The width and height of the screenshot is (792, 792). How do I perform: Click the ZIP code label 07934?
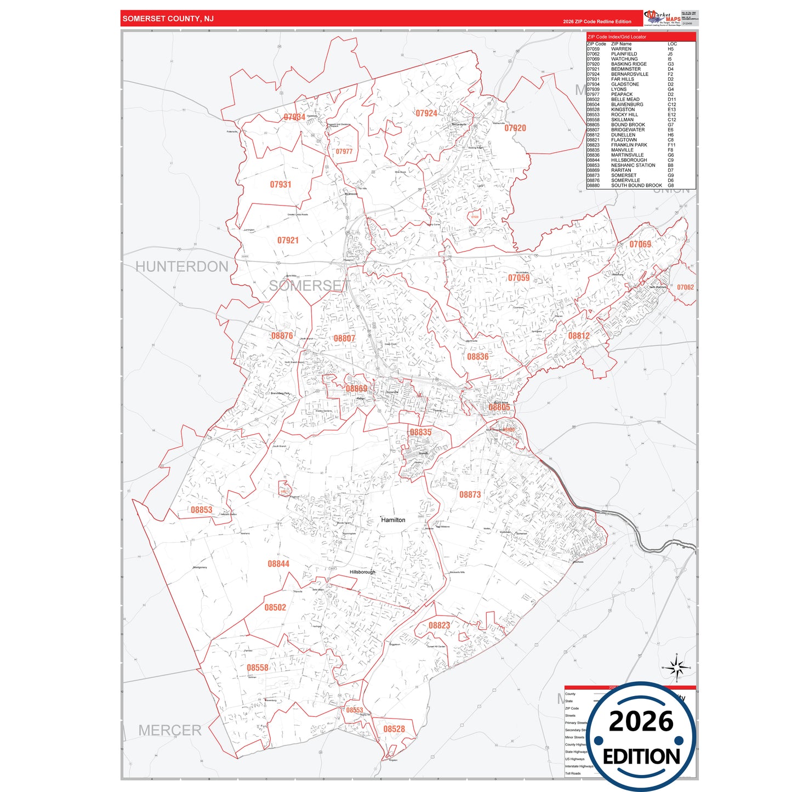[294, 117]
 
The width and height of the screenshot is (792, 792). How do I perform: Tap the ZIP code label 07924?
[426, 113]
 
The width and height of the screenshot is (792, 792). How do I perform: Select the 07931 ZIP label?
[281, 185]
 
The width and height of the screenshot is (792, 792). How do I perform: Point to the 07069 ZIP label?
[640, 244]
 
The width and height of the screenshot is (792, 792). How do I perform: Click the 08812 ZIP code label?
[579, 336]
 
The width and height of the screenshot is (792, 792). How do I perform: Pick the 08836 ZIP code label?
[477, 357]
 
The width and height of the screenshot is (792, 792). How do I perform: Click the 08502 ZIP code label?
[275, 607]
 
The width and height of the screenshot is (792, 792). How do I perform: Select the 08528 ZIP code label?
[394, 729]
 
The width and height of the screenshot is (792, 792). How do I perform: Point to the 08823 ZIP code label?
[440, 625]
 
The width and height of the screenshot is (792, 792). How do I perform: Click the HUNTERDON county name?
[182, 267]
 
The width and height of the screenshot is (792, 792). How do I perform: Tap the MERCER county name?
[170, 731]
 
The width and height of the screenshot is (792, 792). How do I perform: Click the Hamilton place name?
[394, 520]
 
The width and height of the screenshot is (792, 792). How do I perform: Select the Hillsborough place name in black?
[363, 572]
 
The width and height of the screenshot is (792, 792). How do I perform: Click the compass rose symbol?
[677, 668]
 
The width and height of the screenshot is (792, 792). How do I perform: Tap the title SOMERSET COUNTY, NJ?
[168, 19]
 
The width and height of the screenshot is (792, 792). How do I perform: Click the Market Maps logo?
[662, 18]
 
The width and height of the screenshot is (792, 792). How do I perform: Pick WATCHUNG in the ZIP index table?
[624, 59]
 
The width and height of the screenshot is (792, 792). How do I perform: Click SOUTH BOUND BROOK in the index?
[636, 185]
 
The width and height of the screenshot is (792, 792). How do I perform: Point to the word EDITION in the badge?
[641, 757]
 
